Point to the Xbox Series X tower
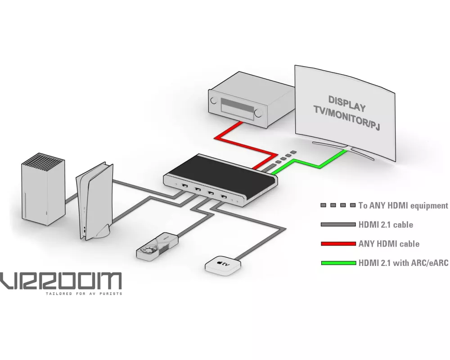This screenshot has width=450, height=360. tap(43, 189)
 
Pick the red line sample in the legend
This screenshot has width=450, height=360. tap(338, 244)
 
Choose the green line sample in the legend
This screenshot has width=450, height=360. tap(338, 263)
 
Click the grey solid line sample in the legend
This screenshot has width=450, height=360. tap(338, 225)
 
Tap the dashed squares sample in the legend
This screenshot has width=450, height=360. tap(338, 206)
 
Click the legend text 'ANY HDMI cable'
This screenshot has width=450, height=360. tap(389, 244)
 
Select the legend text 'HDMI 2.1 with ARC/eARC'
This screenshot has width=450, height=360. tap(403, 263)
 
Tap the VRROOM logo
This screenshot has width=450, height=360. tap(61, 281)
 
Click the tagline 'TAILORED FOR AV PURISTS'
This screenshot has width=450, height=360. tap(83, 294)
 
